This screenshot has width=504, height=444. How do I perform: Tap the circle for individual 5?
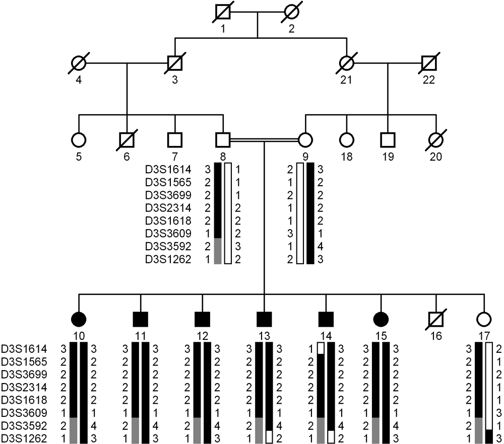(x=78, y=139)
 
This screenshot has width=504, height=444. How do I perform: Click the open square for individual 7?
(x=175, y=139)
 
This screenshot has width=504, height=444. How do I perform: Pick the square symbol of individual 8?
(x=222, y=139)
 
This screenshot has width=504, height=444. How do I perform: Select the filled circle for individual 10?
(x=78, y=318)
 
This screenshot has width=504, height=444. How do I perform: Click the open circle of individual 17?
(x=484, y=318)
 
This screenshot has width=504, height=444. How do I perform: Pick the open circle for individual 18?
(x=346, y=139)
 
